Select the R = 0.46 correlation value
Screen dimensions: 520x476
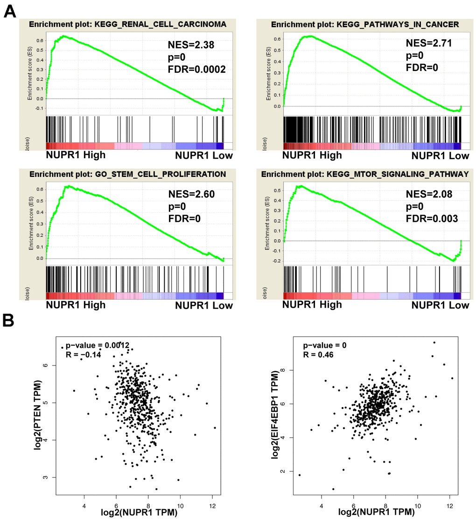320,355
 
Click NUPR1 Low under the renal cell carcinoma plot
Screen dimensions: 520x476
204,155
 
